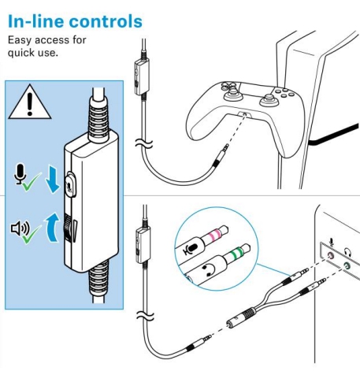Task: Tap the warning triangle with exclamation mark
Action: (30, 102)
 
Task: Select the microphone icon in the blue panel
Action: (20, 174)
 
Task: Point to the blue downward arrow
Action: (53, 180)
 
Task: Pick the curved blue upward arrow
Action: (54, 227)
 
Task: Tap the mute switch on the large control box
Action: (71, 184)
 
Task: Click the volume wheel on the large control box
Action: (68, 228)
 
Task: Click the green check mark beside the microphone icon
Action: (32, 182)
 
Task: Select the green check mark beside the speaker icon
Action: (32, 234)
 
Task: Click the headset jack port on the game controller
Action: (245, 114)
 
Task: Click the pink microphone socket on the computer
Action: (330, 255)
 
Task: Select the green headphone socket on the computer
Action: (347, 266)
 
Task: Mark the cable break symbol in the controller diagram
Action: (144, 143)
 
